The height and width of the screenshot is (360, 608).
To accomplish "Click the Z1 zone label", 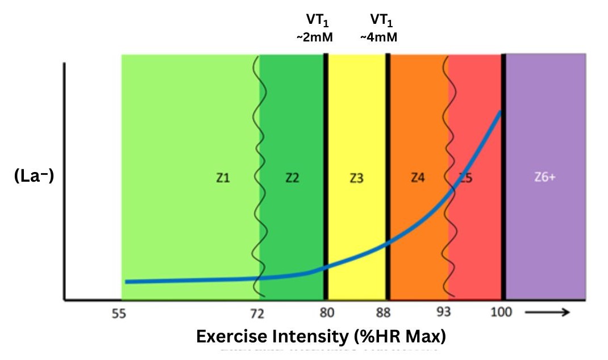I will (223, 178).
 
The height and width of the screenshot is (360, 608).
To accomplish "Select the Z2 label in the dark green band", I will (292, 178).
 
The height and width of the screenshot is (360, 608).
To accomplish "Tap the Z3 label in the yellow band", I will (356, 178).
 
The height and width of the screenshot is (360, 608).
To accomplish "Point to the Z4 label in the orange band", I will (418, 178).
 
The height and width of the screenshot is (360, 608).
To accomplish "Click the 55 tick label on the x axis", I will (118, 313).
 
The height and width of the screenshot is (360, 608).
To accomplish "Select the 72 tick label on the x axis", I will (257, 313).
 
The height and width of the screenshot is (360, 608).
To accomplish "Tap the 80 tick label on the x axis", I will (327, 313).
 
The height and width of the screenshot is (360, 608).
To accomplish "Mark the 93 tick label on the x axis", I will (444, 313).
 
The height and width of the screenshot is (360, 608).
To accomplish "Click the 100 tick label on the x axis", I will (502, 313).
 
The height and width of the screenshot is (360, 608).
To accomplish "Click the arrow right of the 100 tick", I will (547, 312).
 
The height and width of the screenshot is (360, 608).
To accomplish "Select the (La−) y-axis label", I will (34, 177).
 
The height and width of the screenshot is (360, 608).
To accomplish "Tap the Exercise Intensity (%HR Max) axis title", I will (321, 336).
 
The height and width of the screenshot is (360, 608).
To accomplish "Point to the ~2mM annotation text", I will (314, 37).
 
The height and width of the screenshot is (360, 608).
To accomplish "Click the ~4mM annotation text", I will (378, 37).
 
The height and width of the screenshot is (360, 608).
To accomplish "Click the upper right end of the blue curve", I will (500, 112).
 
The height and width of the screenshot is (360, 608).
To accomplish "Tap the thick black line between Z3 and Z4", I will (388, 170).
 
